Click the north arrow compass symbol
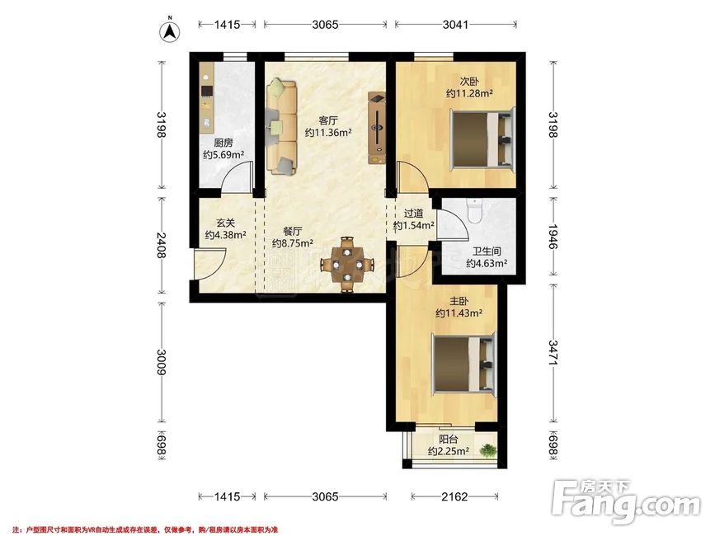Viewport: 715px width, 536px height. [x=169, y=31]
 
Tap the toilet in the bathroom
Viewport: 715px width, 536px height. [x=475, y=210]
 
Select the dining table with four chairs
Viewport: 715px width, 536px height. [x=347, y=265]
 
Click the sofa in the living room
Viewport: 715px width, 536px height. [x=281, y=127]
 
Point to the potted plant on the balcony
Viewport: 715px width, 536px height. [x=488, y=451]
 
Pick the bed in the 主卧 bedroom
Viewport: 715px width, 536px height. [x=464, y=364]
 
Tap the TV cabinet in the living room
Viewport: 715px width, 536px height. [x=377, y=129]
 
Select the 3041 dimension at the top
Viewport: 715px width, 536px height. [x=455, y=24]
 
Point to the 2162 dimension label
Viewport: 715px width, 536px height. [x=454, y=496]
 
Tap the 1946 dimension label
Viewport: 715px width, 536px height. [x=553, y=237]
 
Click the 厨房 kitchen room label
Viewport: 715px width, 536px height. [x=223, y=143]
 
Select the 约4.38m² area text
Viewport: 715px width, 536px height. [x=226, y=235]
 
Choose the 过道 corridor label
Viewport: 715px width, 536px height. [x=414, y=214]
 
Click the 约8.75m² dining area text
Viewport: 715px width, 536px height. [x=292, y=243]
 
